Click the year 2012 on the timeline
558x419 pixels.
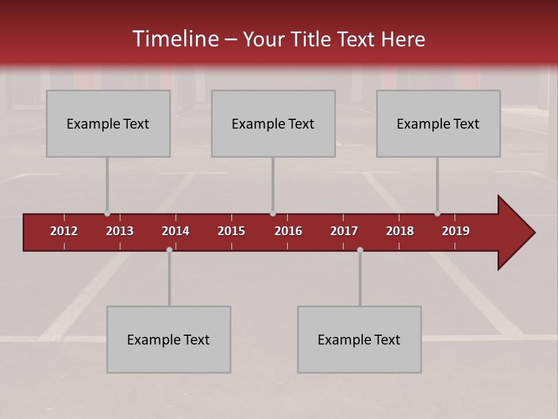pos(64,231)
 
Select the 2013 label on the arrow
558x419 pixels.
pos(120,231)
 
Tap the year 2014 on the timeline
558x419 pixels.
pos(176,231)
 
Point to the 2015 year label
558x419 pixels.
pos(231,231)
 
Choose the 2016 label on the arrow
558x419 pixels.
pos(288,231)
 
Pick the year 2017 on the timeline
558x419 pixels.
pos(344,231)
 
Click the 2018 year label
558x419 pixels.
pos(400,231)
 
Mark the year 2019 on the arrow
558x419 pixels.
pos(456,231)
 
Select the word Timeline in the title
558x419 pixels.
pos(175,39)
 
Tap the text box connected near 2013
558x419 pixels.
pos(108,123)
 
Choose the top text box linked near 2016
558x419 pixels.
pos(273,123)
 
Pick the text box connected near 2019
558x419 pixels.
pos(438,123)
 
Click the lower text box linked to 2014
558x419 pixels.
pos(169,339)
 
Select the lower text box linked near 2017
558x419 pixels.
pos(359,339)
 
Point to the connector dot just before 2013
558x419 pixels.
pos(107,214)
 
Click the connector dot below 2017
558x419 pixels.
pos(360,250)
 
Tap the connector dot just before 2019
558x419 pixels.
pos(437,214)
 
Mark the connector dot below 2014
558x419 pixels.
pos(169,250)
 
